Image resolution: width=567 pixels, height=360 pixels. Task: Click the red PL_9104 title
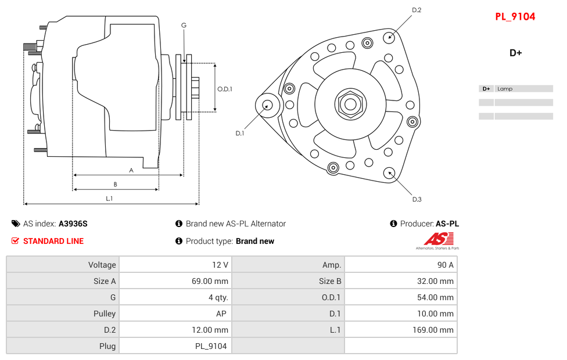(x=515, y=17)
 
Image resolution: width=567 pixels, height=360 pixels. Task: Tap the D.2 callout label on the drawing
(x=417, y=10)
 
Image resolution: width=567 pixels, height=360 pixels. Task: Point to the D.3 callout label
(x=417, y=199)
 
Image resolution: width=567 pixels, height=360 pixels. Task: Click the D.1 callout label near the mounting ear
(x=239, y=133)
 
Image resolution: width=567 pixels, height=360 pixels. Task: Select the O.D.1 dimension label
(x=225, y=89)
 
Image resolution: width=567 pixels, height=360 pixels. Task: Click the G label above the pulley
(x=184, y=25)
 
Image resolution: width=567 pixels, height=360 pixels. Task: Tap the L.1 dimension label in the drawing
(x=109, y=199)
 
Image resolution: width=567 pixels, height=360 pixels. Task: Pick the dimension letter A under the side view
(x=131, y=170)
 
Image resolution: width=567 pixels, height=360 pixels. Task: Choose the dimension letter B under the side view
(x=115, y=185)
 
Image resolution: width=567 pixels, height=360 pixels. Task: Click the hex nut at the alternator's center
(x=350, y=105)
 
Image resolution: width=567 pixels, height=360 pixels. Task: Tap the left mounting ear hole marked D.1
(x=267, y=105)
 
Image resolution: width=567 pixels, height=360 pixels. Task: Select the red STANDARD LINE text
(x=53, y=241)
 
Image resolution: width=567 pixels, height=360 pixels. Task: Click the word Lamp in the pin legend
(x=505, y=89)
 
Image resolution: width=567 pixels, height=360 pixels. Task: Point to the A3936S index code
(x=73, y=224)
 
